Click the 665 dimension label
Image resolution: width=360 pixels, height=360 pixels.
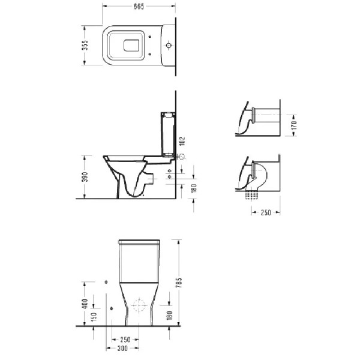click(139, 7)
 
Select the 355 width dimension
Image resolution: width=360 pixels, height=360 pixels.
click(85, 46)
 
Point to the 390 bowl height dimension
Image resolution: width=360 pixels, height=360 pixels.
click(85, 177)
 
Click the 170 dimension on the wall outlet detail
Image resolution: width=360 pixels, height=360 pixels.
click(294, 125)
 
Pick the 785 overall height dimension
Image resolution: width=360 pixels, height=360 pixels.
click(179, 283)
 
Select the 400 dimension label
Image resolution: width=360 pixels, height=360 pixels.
click(85, 304)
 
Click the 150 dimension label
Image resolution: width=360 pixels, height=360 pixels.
click(94, 317)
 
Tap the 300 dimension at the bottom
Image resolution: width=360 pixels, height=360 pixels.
click(122, 348)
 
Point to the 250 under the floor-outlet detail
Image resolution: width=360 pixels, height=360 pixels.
click(266, 212)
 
